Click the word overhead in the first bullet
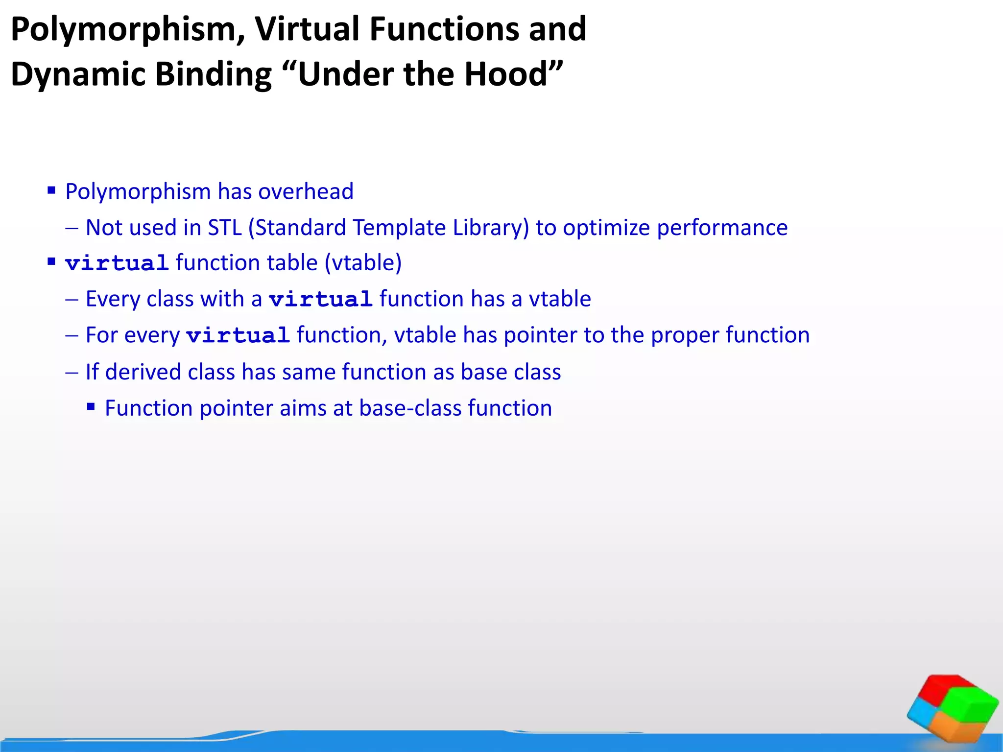306,191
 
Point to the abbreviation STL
225,228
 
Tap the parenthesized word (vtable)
363,263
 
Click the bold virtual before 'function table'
117,263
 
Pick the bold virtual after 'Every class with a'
321,299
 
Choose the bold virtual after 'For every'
238,335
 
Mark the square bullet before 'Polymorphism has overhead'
51,190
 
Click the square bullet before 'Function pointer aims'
91,406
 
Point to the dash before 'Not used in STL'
72,228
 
